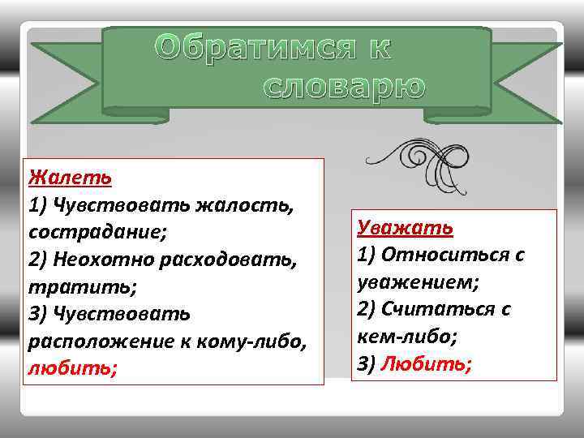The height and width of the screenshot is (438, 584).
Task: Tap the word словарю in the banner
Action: pyautogui.click(x=344, y=85)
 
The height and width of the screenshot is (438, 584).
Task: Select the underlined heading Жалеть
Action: pyautogui.click(x=70, y=176)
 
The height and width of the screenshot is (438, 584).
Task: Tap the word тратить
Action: pyautogui.click(x=72, y=286)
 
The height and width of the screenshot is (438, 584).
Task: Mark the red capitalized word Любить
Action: pyautogui.click(x=425, y=363)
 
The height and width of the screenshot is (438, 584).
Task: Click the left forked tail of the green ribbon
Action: pyautogui.click(x=65, y=77)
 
